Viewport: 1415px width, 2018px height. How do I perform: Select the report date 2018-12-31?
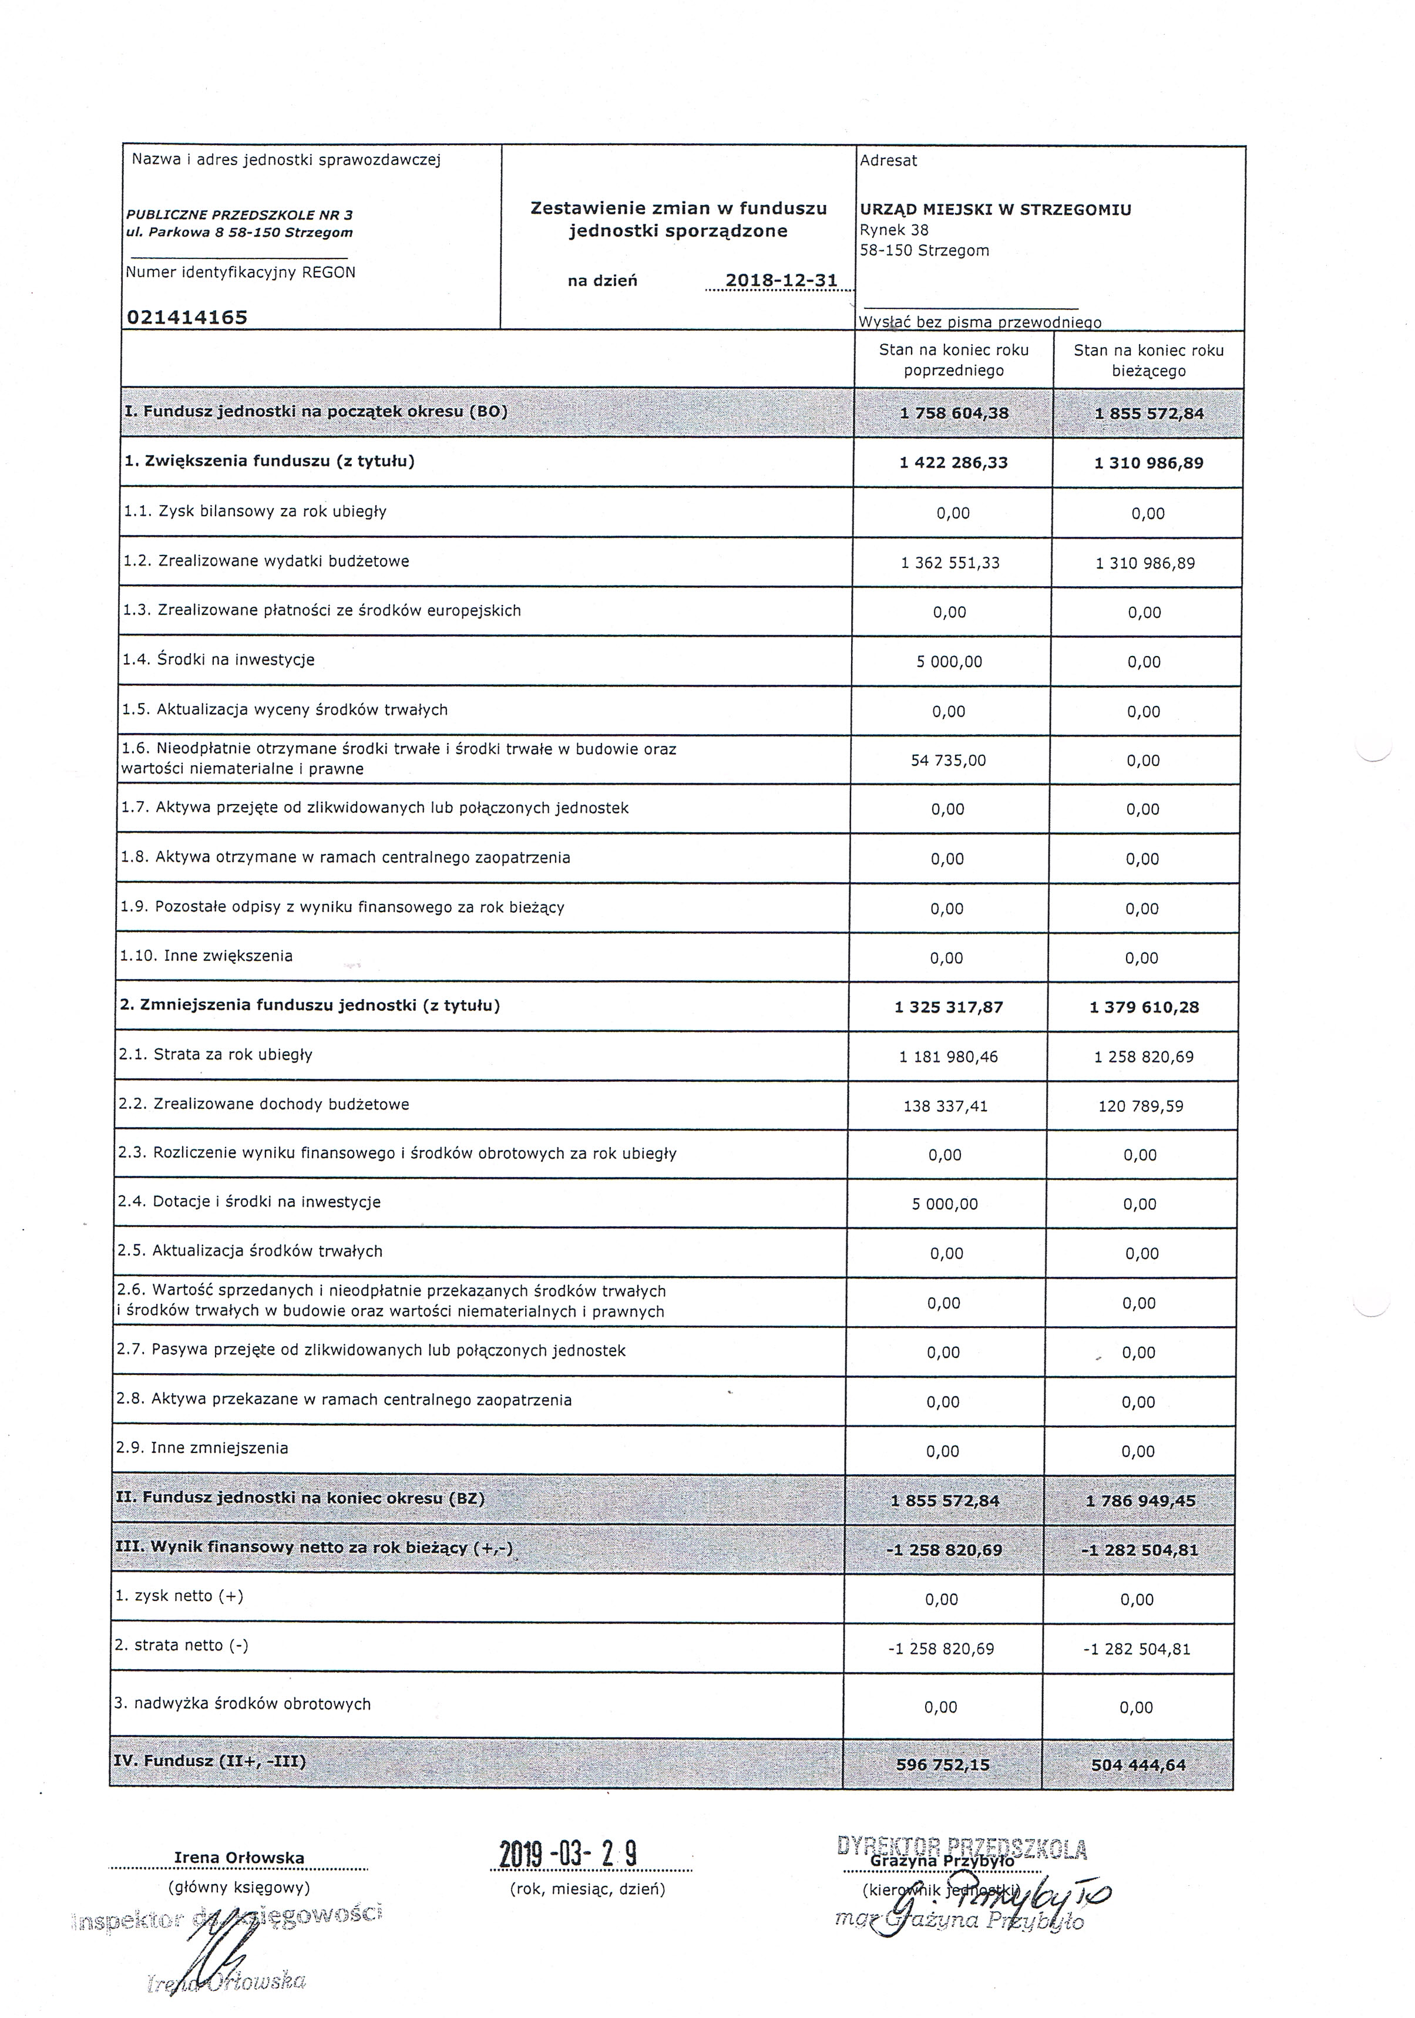(x=781, y=280)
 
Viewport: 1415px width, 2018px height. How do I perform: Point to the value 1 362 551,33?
(x=950, y=563)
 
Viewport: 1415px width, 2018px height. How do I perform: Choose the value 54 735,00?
(x=948, y=760)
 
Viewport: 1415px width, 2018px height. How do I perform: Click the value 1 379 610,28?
(x=1144, y=1007)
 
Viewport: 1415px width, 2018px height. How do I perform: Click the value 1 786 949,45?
(x=1140, y=1501)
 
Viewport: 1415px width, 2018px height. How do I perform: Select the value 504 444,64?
(x=1138, y=1764)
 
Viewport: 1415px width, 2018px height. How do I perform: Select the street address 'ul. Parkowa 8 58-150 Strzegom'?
(x=239, y=233)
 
